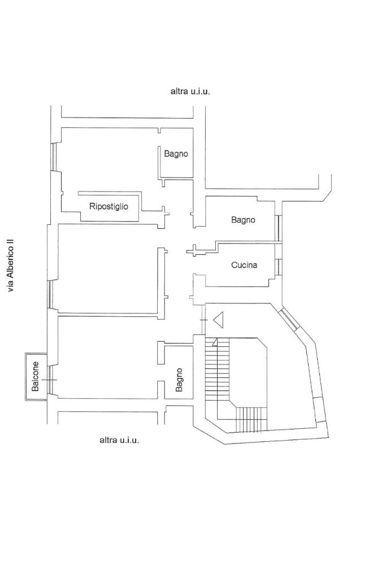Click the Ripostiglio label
point(109,206)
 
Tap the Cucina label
point(244,264)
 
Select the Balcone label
point(36,376)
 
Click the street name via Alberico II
point(10,265)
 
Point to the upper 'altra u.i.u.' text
point(190,90)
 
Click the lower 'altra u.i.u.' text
point(119,440)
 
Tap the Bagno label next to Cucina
point(243,220)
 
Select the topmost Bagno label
point(176,153)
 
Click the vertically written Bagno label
point(179,380)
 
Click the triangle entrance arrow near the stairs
point(219,320)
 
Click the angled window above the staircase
point(289,318)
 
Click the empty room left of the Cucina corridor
point(107,268)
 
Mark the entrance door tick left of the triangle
point(204,320)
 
